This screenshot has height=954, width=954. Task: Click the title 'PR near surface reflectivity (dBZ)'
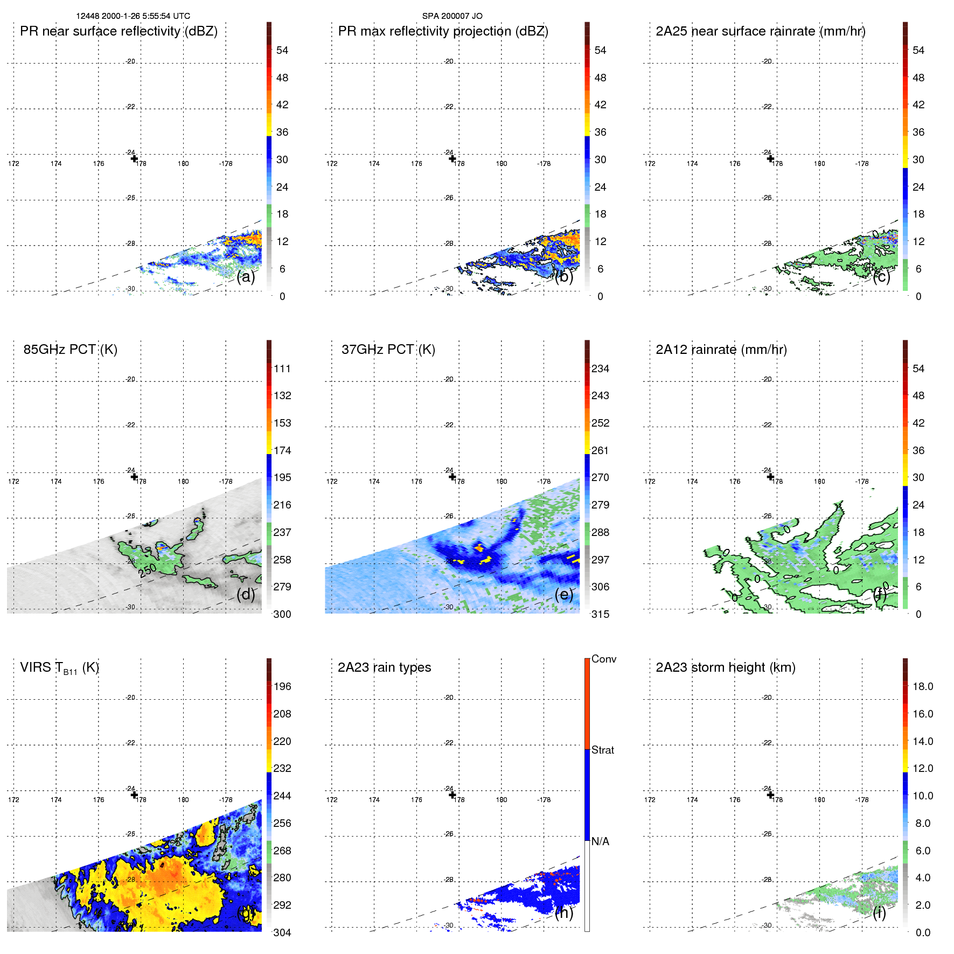pos(119,31)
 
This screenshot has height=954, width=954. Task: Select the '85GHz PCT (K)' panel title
pos(70,350)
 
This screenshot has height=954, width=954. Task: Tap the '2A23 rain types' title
pos(384,667)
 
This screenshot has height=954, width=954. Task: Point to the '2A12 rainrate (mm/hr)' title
pos(721,350)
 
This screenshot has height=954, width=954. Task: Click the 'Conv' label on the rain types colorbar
pos(603,659)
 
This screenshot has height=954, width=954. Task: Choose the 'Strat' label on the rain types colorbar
pos(602,750)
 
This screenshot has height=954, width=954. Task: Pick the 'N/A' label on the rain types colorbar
pos(600,841)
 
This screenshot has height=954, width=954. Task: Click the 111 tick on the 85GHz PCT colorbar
pos(282,369)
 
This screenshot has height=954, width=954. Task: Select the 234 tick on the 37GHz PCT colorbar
pos(600,369)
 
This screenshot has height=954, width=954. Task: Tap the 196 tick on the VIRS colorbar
pos(282,687)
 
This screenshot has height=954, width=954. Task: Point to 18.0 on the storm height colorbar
pos(922,687)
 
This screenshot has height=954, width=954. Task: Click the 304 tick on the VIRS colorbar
pos(282,932)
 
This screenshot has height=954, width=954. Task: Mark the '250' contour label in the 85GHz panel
pos(148,569)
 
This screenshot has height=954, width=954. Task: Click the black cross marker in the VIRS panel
pos(134,795)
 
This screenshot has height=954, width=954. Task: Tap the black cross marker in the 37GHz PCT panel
pos(452,477)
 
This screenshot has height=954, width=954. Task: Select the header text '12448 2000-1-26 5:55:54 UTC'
pos(133,16)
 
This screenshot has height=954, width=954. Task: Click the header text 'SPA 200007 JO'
pos(452,16)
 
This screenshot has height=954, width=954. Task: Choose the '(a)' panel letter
pos(246,277)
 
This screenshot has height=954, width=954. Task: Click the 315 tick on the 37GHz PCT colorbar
pos(600,615)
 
